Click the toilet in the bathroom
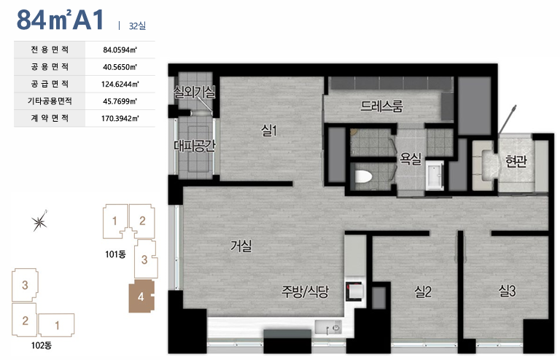click(x=364, y=176)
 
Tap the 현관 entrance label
click(x=516, y=161)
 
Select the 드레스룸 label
click(x=382, y=106)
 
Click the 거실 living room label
click(x=241, y=246)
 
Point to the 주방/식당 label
click(x=305, y=291)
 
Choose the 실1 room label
click(x=269, y=130)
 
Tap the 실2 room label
click(x=423, y=291)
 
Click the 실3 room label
click(x=507, y=291)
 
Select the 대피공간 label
click(x=195, y=146)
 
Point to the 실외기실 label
click(x=194, y=92)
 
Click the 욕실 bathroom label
click(x=411, y=158)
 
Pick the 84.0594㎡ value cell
click(x=120, y=50)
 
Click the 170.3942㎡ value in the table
click(x=120, y=119)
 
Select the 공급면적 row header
click(x=50, y=84)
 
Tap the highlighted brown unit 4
click(x=141, y=296)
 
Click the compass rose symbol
click(x=39, y=222)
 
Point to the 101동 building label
click(x=115, y=254)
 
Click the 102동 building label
click(x=42, y=345)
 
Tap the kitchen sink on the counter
click(x=328, y=326)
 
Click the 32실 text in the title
click(x=137, y=26)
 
